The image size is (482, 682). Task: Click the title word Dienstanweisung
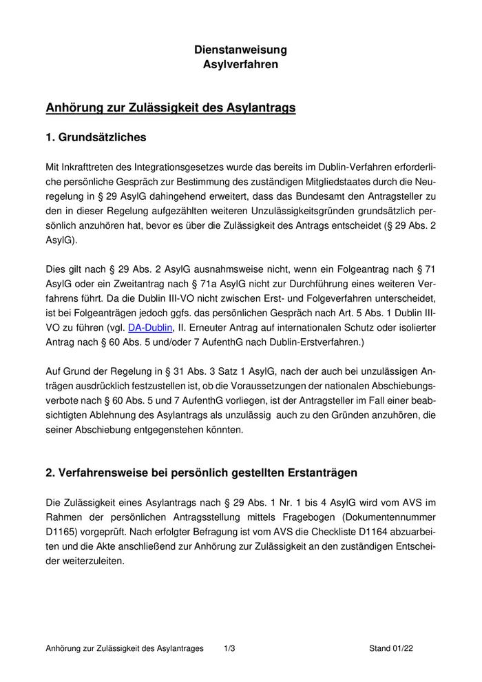[x=240, y=50]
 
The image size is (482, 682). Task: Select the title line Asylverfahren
[x=240, y=65]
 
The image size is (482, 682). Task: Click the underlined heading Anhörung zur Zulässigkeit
[x=171, y=108]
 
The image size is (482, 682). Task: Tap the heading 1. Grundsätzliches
[x=96, y=138]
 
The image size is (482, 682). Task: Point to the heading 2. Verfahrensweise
[x=201, y=473]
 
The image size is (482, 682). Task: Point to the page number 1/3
[x=229, y=648]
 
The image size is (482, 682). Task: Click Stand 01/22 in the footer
[x=390, y=648]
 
